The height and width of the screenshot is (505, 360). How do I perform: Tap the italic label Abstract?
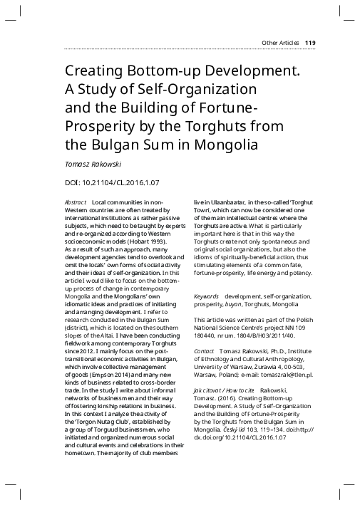point(76,203)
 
